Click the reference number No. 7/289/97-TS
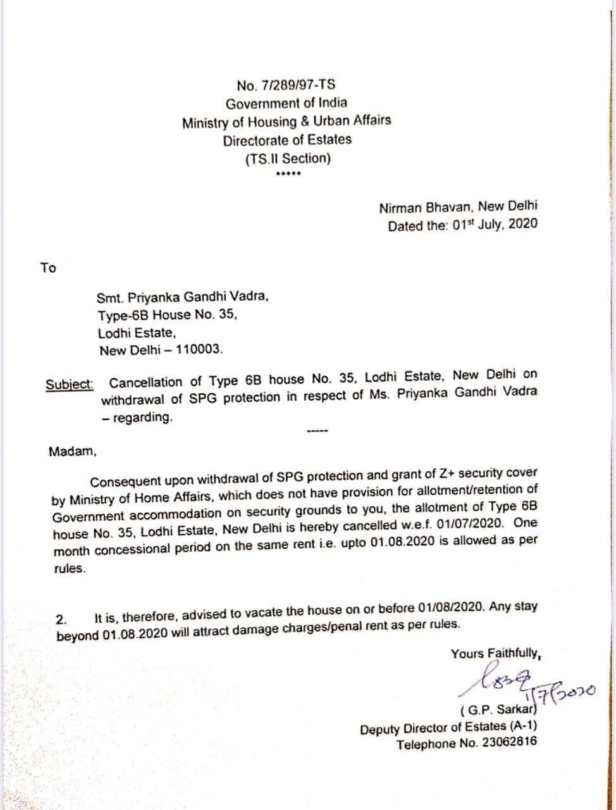(286, 85)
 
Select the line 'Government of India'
(286, 104)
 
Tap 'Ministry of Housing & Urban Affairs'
(286, 121)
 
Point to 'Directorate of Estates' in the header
(286, 140)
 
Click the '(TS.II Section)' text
(288, 158)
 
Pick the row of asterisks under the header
(288, 174)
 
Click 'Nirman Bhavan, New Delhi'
(458, 207)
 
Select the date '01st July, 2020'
(495, 225)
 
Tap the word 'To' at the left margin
(48, 268)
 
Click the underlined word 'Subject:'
(70, 384)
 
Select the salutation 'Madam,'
(73, 452)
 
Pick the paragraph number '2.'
(62, 618)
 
